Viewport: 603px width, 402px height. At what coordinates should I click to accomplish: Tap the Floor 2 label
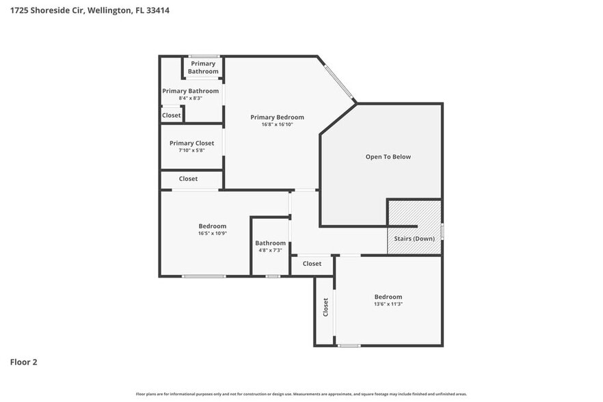(23, 362)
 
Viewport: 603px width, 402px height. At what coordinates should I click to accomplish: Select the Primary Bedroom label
(277, 117)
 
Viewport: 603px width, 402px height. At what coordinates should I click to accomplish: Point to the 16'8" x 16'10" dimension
(277, 124)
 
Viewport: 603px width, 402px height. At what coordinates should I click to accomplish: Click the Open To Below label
(388, 157)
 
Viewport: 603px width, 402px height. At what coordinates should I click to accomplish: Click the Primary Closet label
(191, 143)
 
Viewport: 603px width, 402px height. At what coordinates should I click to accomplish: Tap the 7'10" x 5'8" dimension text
(191, 150)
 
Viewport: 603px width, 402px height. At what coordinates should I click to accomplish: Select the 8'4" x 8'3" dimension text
(190, 98)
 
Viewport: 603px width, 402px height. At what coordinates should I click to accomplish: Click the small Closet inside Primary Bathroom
(171, 115)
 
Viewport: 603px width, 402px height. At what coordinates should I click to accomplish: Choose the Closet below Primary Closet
(188, 178)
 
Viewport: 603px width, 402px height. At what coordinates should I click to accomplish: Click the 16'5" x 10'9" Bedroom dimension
(212, 233)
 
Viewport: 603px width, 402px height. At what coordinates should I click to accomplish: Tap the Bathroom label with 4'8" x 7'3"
(270, 243)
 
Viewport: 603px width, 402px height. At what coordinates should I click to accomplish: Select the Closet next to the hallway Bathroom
(312, 263)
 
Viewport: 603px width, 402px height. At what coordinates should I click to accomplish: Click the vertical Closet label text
(325, 307)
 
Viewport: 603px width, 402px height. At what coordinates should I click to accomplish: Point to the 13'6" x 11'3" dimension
(388, 304)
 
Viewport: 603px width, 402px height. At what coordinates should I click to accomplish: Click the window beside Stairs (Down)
(442, 231)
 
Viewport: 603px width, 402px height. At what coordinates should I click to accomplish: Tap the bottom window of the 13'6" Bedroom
(349, 345)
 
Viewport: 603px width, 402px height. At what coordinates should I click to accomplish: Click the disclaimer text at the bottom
(301, 394)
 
